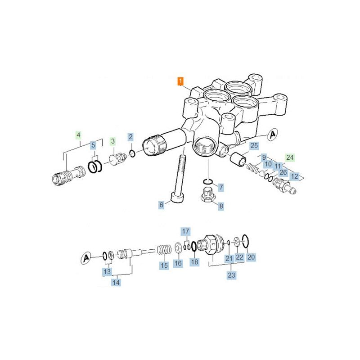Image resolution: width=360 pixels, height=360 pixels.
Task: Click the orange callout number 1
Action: tap(181, 81)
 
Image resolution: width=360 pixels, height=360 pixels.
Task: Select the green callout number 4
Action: tap(78, 135)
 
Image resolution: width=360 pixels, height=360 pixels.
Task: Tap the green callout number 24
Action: tap(290, 157)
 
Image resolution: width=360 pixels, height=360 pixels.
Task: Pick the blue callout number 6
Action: tap(162, 205)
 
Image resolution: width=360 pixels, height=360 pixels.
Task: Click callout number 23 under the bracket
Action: tap(231, 275)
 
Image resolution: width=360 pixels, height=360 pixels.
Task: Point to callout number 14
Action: tap(116, 282)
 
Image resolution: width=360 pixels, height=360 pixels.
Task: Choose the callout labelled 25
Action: tap(254, 145)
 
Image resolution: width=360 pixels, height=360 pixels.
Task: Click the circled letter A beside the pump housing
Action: tap(273, 134)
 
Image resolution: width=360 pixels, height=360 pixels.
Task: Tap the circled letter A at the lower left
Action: tap(86, 258)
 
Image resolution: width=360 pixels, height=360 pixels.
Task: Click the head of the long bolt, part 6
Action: tap(177, 198)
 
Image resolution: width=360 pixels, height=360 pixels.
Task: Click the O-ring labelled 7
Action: tap(208, 182)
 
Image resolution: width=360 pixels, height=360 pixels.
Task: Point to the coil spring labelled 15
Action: tap(164, 250)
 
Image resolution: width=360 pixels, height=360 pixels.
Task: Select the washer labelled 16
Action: tap(178, 247)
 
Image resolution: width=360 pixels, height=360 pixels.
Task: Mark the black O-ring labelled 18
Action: tap(193, 246)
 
